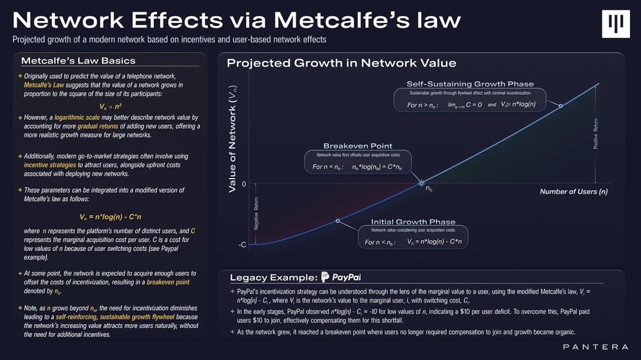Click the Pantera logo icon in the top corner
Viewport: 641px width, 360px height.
click(620, 24)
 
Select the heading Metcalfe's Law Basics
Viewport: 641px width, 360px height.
click(78, 61)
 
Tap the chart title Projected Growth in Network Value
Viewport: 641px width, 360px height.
click(341, 63)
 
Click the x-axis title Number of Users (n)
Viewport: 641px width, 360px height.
click(573, 192)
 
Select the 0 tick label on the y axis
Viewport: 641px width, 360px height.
click(244, 184)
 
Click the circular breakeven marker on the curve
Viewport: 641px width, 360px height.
click(421, 184)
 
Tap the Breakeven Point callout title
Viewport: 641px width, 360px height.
click(358, 146)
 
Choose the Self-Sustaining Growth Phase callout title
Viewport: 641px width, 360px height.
click(470, 84)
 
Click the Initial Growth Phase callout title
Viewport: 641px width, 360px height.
click(413, 222)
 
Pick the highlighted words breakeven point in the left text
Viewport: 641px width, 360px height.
click(167, 282)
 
